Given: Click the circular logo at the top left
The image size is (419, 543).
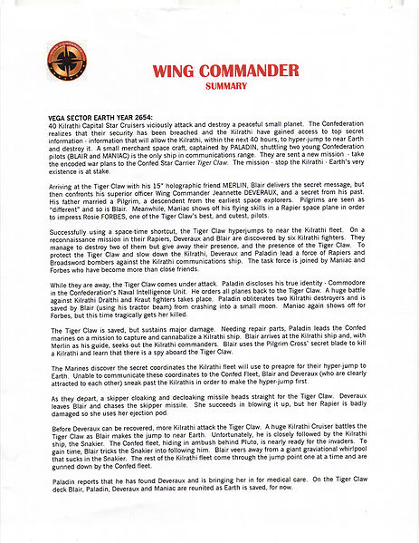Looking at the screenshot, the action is tap(65, 61).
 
